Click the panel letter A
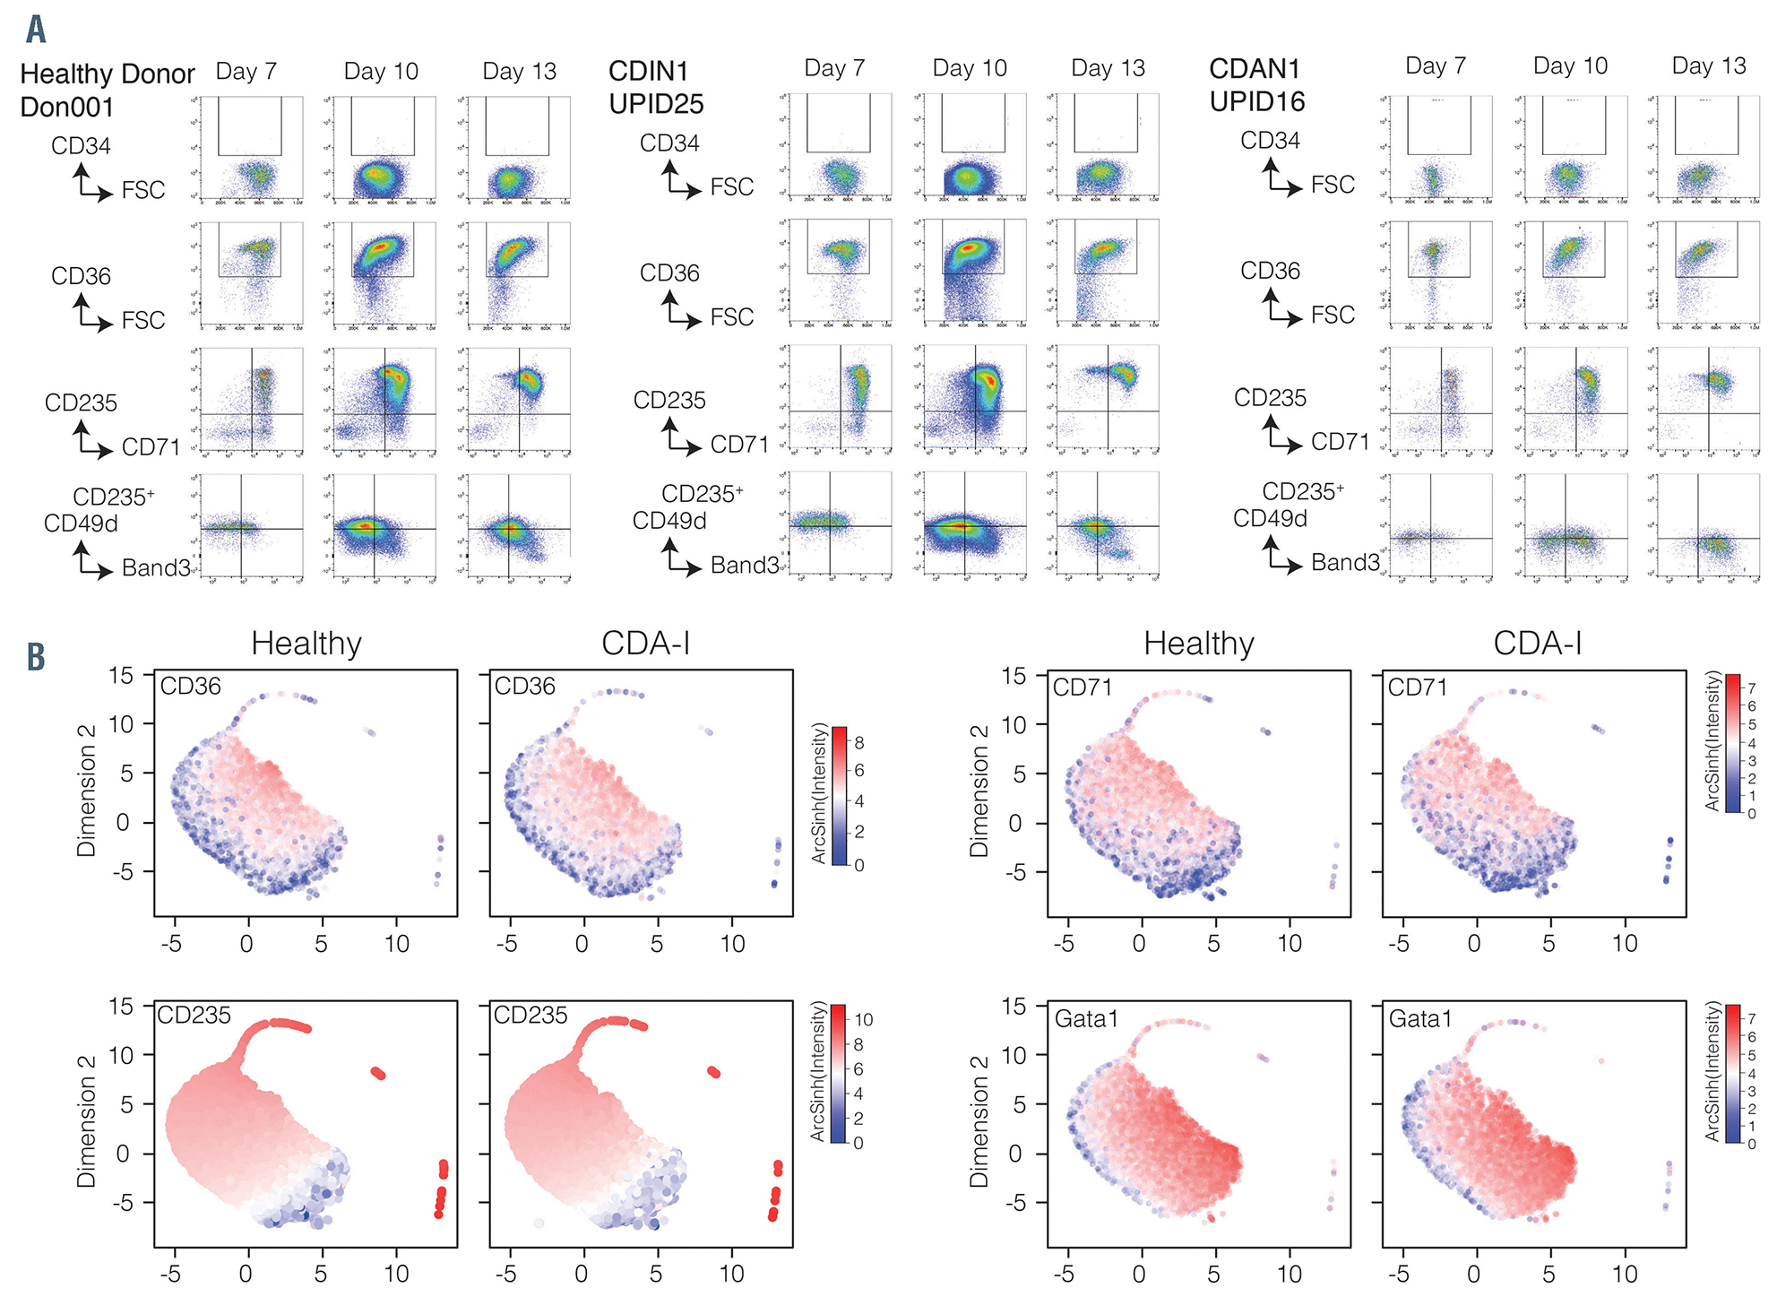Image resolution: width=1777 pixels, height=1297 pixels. click(x=36, y=29)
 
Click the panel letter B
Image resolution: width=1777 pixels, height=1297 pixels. click(x=36, y=657)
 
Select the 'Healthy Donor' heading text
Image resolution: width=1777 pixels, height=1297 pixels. click(x=107, y=73)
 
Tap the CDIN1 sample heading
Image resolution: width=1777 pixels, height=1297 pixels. click(x=648, y=71)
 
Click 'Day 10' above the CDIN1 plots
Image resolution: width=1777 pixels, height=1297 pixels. click(x=970, y=68)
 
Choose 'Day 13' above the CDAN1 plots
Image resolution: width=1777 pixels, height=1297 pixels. click(x=1709, y=65)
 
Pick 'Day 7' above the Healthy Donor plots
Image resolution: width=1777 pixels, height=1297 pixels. click(x=246, y=71)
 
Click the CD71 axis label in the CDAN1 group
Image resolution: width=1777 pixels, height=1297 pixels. click(x=1340, y=442)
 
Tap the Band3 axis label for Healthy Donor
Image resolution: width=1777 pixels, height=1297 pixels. click(x=156, y=567)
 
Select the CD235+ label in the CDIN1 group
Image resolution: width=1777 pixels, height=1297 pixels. click(x=703, y=494)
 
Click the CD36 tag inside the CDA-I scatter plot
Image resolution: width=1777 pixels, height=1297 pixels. click(x=524, y=687)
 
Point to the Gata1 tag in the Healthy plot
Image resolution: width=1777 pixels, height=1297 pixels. click(x=1086, y=1018)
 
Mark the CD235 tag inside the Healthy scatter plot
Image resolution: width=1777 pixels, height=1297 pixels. click(x=194, y=1015)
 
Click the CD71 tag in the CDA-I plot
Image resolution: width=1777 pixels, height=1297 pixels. click(x=1418, y=687)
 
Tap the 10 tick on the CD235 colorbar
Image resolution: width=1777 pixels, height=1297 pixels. click(x=864, y=1019)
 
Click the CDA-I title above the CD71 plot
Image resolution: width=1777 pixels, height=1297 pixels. click(x=1538, y=644)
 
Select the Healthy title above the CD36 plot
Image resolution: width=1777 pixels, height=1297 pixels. click(x=306, y=644)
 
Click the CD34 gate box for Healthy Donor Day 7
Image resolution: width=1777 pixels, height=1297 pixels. click(x=249, y=125)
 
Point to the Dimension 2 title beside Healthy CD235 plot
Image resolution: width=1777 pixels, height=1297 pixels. click(x=86, y=1120)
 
